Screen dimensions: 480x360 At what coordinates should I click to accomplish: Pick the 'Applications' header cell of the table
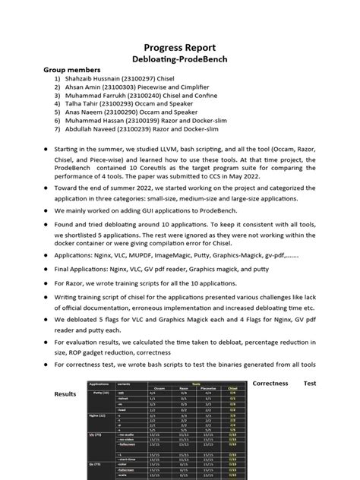99,384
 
